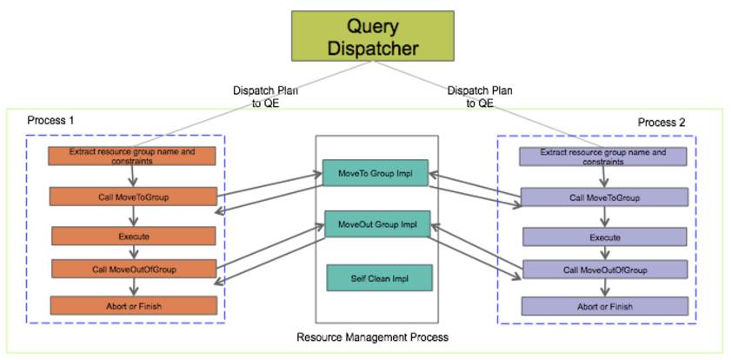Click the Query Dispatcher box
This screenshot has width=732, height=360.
pos(373,36)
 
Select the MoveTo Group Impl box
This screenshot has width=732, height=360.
pos(376,173)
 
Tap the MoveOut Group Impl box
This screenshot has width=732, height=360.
pos(377,224)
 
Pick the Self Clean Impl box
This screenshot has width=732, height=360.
pos(380,278)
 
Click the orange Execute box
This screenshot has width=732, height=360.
pos(134,237)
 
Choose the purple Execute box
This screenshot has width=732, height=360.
pos(604,237)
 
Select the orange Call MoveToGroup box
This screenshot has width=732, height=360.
pos(133,197)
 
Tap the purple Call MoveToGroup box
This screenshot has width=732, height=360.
pos(604,197)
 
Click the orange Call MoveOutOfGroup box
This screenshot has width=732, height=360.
pos(134,269)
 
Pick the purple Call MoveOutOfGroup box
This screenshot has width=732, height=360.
pos(605,270)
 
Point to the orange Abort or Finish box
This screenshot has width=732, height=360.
pos(134,305)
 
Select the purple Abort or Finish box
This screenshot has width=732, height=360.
pos(604,306)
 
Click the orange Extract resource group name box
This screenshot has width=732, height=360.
pos(131,156)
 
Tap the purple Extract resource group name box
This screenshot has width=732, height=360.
pos(603,157)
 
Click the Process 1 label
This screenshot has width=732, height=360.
pos(50,120)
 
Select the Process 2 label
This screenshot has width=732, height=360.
pos(662,123)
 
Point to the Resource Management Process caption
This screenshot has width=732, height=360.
pos(373,337)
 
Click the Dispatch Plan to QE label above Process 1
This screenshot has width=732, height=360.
pos(265,97)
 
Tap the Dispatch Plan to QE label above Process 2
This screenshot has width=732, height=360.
pos(479,97)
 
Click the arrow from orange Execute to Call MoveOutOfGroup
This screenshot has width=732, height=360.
pos(134,252)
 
